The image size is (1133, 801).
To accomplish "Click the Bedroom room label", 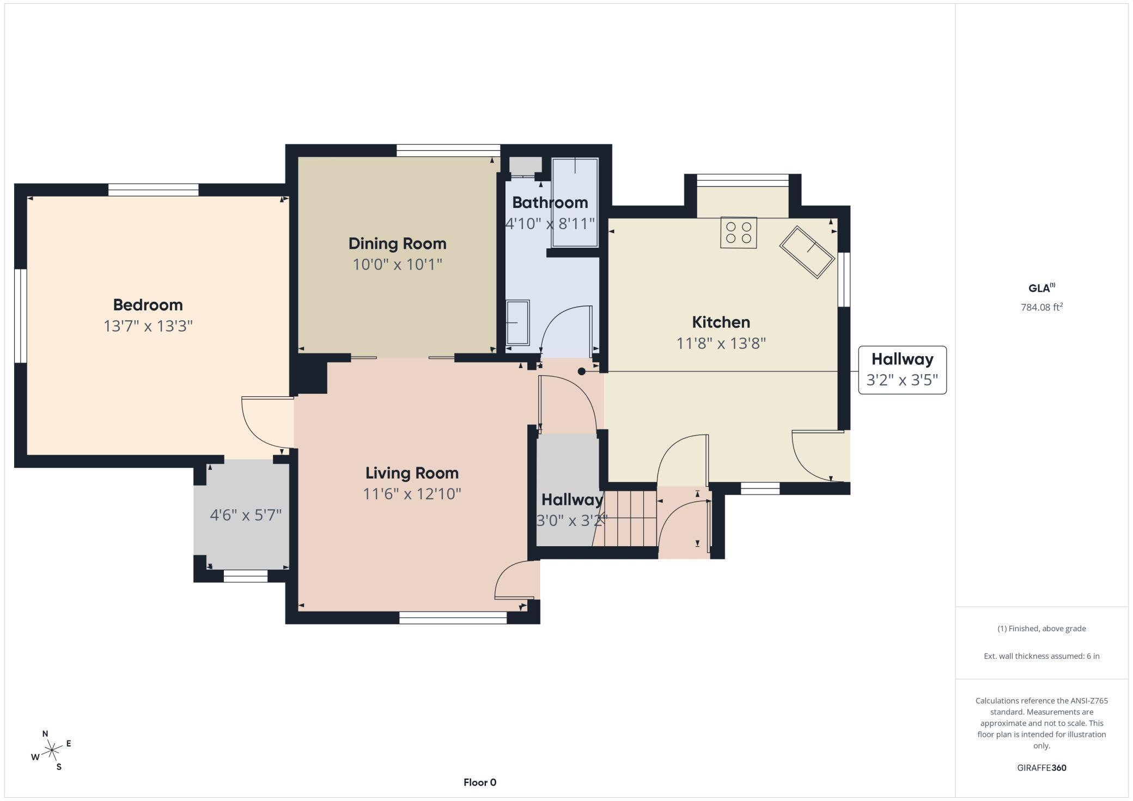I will pyautogui.click(x=148, y=304).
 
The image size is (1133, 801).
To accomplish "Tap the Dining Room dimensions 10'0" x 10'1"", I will pyautogui.click(x=397, y=265).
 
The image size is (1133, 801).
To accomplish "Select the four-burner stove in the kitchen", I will pyautogui.click(x=738, y=233).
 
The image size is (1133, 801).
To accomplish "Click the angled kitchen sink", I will pyautogui.click(x=807, y=252).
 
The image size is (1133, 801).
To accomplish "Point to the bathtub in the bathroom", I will pyautogui.click(x=575, y=203).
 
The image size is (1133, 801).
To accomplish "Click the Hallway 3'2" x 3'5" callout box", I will pyautogui.click(x=902, y=370).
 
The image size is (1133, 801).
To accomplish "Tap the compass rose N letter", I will pyautogui.click(x=45, y=733).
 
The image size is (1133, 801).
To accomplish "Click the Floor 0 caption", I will pyautogui.click(x=479, y=782).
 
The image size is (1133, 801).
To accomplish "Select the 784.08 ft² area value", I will pyautogui.click(x=1041, y=307).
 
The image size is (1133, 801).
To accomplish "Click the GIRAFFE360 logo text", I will pyautogui.click(x=1041, y=768).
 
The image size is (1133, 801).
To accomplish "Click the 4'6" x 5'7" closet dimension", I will pyautogui.click(x=246, y=515).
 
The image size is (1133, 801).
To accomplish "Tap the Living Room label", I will pyautogui.click(x=411, y=473).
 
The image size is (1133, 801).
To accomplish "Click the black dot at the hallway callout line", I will pyautogui.click(x=581, y=371).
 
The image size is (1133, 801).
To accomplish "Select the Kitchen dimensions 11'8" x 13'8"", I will pyautogui.click(x=721, y=344).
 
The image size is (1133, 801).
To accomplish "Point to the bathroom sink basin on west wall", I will pyautogui.click(x=517, y=322).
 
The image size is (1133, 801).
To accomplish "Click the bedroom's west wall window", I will pyautogui.click(x=20, y=316).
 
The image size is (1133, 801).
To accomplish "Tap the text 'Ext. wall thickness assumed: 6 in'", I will pyautogui.click(x=1041, y=656).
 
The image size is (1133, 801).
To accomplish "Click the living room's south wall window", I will pyautogui.click(x=453, y=617).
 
